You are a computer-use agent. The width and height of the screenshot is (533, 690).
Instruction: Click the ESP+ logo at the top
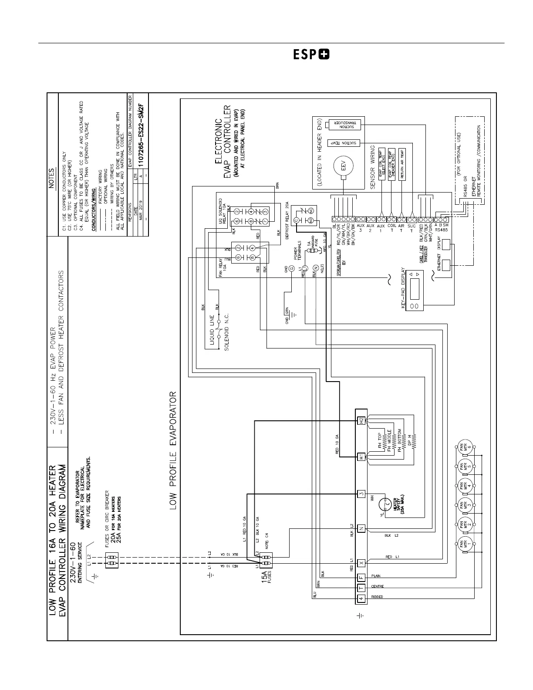311,55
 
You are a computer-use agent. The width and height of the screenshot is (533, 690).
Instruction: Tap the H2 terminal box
361,421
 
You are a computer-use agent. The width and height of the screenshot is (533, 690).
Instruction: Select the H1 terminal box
361,457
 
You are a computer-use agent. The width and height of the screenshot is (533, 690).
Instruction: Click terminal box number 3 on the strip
361,494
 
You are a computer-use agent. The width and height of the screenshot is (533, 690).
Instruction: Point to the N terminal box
361,529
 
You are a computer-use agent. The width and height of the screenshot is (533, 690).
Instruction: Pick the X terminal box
361,563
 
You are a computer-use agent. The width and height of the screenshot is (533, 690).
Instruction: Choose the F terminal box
361,578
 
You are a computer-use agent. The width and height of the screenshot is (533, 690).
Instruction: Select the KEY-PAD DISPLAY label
403,289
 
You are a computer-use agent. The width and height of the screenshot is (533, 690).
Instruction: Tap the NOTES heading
52,178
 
